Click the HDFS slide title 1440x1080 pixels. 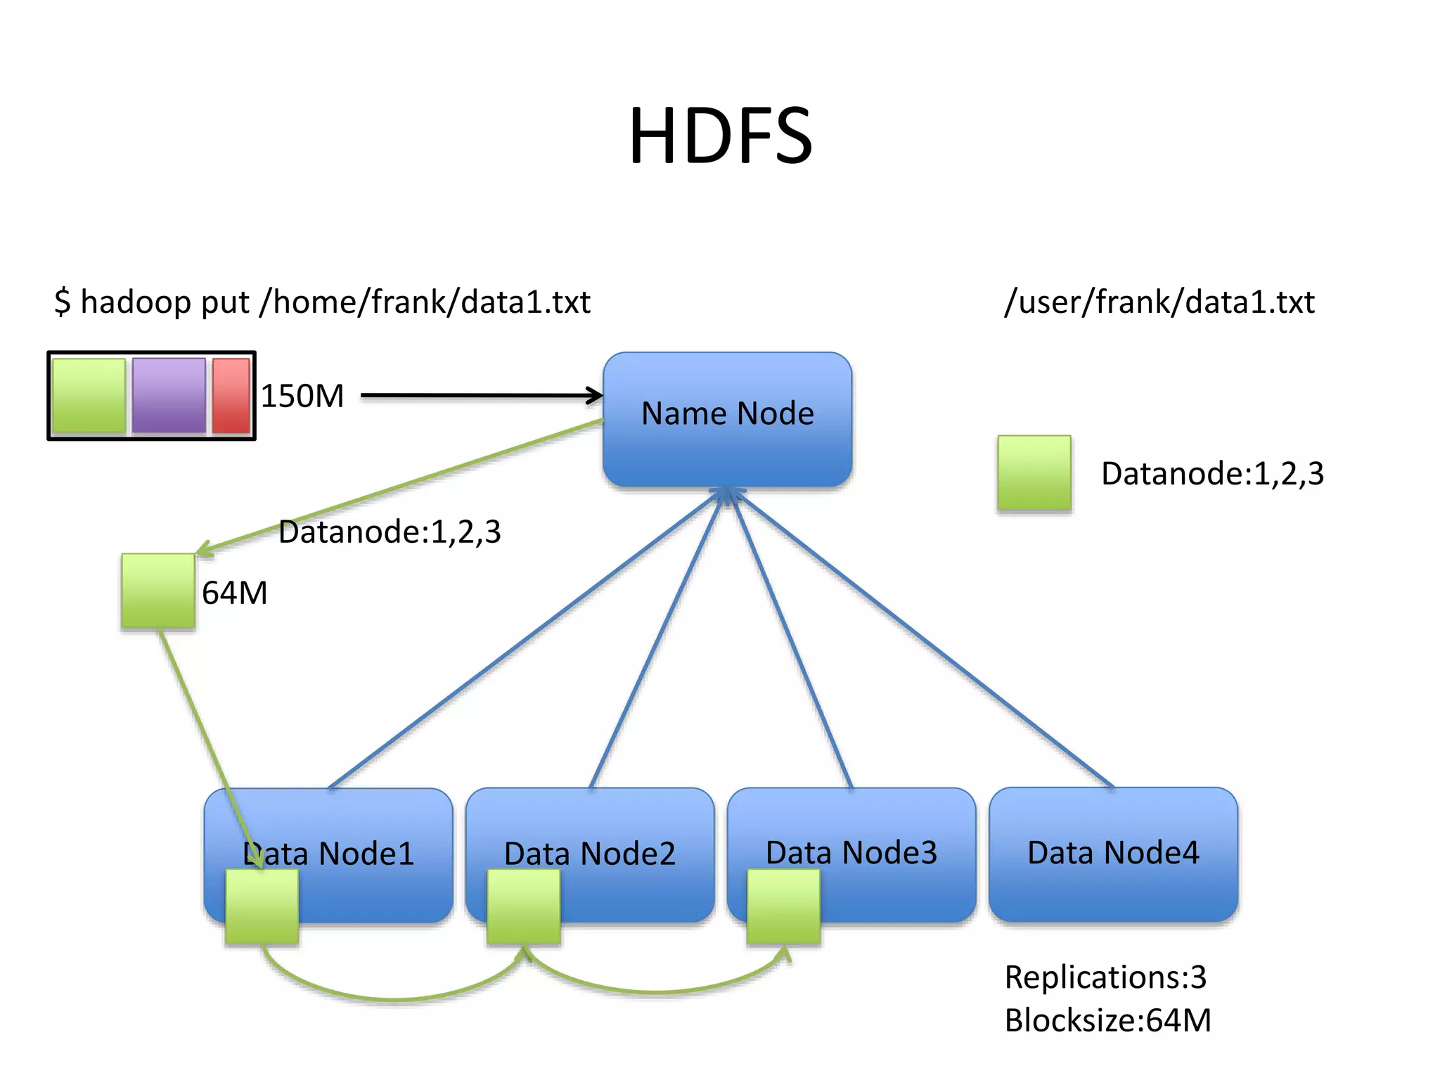720,136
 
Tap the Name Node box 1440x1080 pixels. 727,419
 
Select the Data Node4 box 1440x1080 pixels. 1112,854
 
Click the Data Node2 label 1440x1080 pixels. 589,854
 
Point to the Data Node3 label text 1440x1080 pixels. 851,853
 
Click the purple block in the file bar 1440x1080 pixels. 169,395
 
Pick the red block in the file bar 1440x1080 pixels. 231,395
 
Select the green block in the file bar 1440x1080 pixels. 89,395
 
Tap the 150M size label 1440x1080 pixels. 302,396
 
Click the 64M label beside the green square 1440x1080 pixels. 234,593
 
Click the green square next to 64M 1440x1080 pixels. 158,591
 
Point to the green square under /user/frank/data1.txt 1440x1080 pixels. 1034,472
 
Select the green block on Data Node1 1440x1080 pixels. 262,906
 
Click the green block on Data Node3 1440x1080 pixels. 783,906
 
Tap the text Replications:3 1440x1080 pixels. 1105,977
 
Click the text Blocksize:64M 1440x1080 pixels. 1107,1020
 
